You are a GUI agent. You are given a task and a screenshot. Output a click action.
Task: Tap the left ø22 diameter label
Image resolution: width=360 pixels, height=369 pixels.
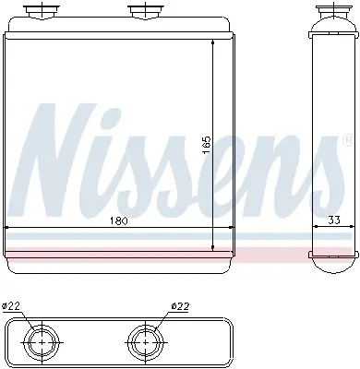tap(12, 307)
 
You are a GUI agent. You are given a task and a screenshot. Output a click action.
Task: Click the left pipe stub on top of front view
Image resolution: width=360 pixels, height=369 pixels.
tap(42, 11)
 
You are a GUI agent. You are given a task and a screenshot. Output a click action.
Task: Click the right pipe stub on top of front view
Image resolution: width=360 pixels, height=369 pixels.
tap(144, 11)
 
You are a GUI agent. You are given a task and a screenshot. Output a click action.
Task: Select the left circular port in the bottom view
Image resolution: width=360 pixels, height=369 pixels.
tap(42, 342)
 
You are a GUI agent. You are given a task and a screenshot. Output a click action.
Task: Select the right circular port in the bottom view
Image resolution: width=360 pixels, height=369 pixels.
tap(143, 342)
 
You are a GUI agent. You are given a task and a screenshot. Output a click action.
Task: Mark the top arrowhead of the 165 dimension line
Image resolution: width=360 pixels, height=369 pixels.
tap(213, 47)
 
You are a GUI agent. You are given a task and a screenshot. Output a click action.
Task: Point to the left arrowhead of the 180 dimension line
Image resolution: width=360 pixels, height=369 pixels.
tap(8, 228)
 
